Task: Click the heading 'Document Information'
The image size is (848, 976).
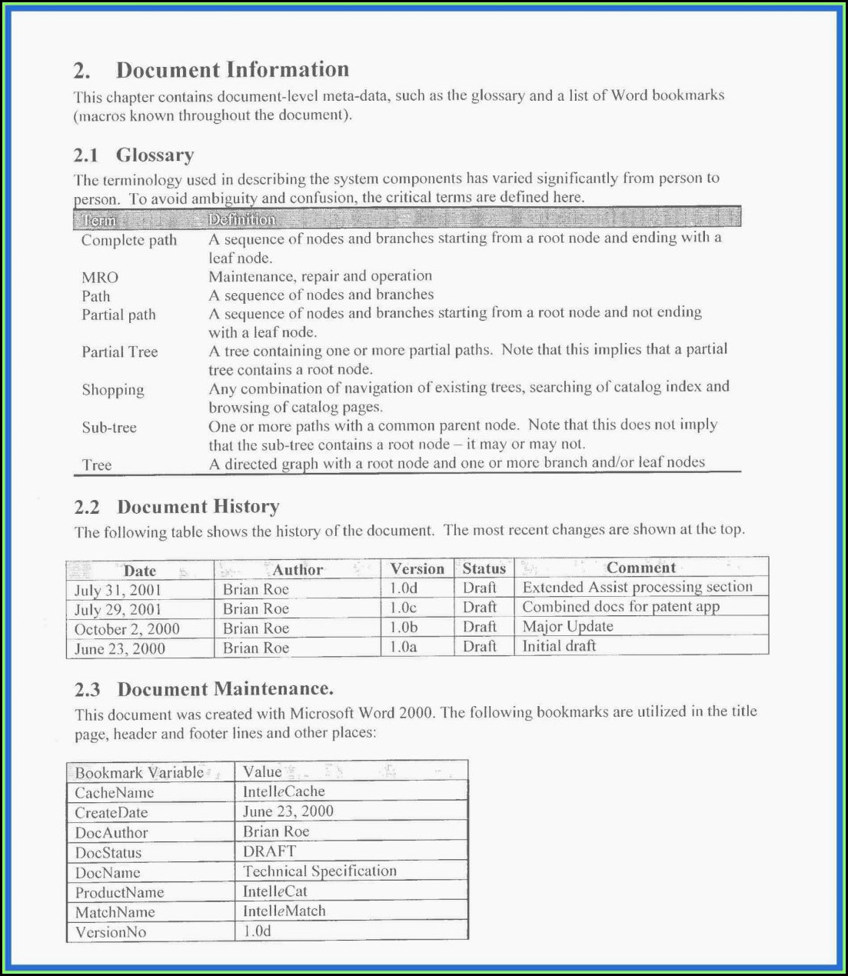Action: coord(232,70)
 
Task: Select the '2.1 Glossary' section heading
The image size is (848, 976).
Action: coord(134,155)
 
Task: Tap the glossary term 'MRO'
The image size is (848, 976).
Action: coord(100,278)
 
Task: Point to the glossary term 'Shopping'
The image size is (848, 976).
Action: coord(113,390)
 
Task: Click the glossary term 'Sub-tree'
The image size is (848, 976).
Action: coord(109,428)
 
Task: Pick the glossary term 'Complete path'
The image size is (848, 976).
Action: coord(129,240)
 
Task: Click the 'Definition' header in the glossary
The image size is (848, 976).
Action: coord(241,220)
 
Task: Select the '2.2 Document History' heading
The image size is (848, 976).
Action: coord(177,507)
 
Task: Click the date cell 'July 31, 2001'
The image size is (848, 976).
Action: coord(118,590)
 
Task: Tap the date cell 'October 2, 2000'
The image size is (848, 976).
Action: coord(127,629)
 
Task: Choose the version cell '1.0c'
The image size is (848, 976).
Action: coord(403,608)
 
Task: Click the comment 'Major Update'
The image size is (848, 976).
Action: coord(567,627)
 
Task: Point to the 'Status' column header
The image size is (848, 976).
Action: coord(484,569)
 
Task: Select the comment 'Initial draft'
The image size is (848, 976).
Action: coord(559,646)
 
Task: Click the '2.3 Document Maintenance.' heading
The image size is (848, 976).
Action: coord(204,689)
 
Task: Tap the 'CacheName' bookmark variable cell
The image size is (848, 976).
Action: coord(115,793)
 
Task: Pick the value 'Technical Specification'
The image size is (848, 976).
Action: coord(320,871)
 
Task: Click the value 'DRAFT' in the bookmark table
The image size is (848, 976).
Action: coord(269,851)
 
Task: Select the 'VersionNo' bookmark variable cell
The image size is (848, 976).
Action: coord(111,932)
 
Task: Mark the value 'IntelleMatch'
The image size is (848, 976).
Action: coord(284,911)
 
